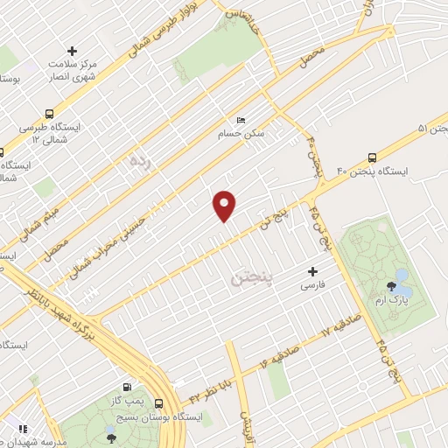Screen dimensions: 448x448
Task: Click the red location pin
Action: point(225,205)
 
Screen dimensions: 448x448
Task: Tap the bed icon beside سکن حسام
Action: point(241,121)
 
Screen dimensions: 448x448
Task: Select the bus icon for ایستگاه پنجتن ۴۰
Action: point(373,158)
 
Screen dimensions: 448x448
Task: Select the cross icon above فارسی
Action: point(311,272)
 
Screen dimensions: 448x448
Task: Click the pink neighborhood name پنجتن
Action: point(251,279)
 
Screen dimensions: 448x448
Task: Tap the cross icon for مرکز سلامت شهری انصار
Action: point(72,52)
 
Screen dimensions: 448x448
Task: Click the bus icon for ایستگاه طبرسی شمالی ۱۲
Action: point(49,114)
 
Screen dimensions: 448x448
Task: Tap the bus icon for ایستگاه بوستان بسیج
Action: point(158,403)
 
